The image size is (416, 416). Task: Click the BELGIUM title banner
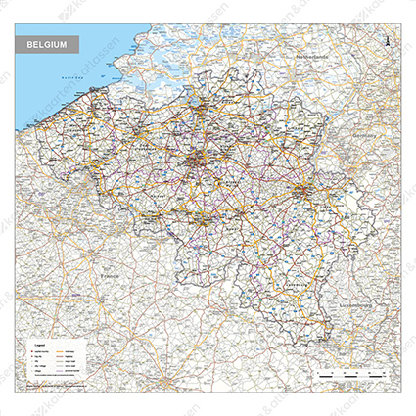(48, 46)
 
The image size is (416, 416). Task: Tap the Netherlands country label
(317, 58)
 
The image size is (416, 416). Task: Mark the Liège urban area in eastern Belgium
(302, 186)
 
